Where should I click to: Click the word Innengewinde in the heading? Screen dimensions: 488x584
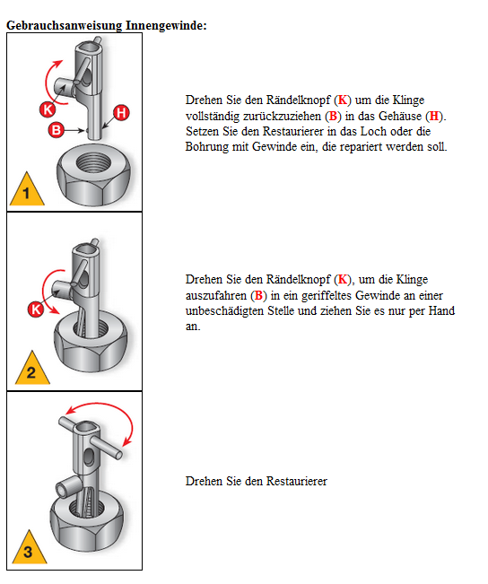(x=166, y=26)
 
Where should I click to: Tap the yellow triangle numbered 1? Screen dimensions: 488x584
(x=27, y=190)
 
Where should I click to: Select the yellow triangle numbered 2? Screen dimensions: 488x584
(x=32, y=369)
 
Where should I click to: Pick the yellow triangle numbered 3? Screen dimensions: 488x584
(x=30, y=548)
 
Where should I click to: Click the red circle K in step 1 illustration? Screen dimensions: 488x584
(x=48, y=109)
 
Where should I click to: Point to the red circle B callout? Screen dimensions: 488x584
(x=57, y=130)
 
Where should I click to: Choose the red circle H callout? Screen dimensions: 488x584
(x=121, y=113)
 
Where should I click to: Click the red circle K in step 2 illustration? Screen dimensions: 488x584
(x=36, y=309)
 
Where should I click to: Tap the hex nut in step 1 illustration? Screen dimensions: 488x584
(x=93, y=174)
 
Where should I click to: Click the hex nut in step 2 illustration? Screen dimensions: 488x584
(x=91, y=341)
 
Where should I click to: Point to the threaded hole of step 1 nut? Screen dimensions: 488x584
(x=93, y=163)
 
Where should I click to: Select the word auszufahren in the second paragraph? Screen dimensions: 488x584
(x=216, y=296)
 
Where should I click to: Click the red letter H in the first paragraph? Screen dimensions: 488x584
(x=434, y=117)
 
